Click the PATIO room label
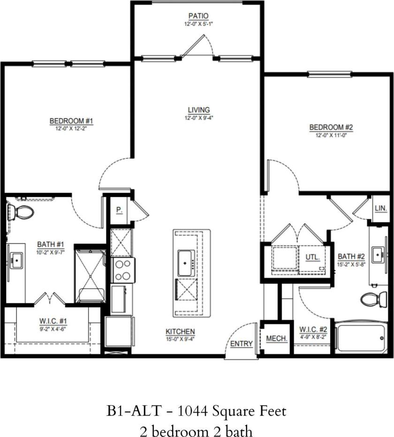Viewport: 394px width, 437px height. pos(196,16)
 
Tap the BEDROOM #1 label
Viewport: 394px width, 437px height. pos(72,121)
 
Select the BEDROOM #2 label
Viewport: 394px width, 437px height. pos(330,127)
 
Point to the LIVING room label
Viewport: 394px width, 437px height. pos(196,110)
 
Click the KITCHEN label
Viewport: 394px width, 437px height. pos(180,332)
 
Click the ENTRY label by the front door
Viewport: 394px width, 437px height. pos(242,343)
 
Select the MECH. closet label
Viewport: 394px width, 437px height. pos(276,338)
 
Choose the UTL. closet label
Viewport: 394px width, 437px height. pos(312,257)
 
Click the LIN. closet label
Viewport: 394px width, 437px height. pos(380,208)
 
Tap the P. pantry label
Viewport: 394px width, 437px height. pos(119,210)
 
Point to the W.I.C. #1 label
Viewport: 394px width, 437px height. pos(53,321)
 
